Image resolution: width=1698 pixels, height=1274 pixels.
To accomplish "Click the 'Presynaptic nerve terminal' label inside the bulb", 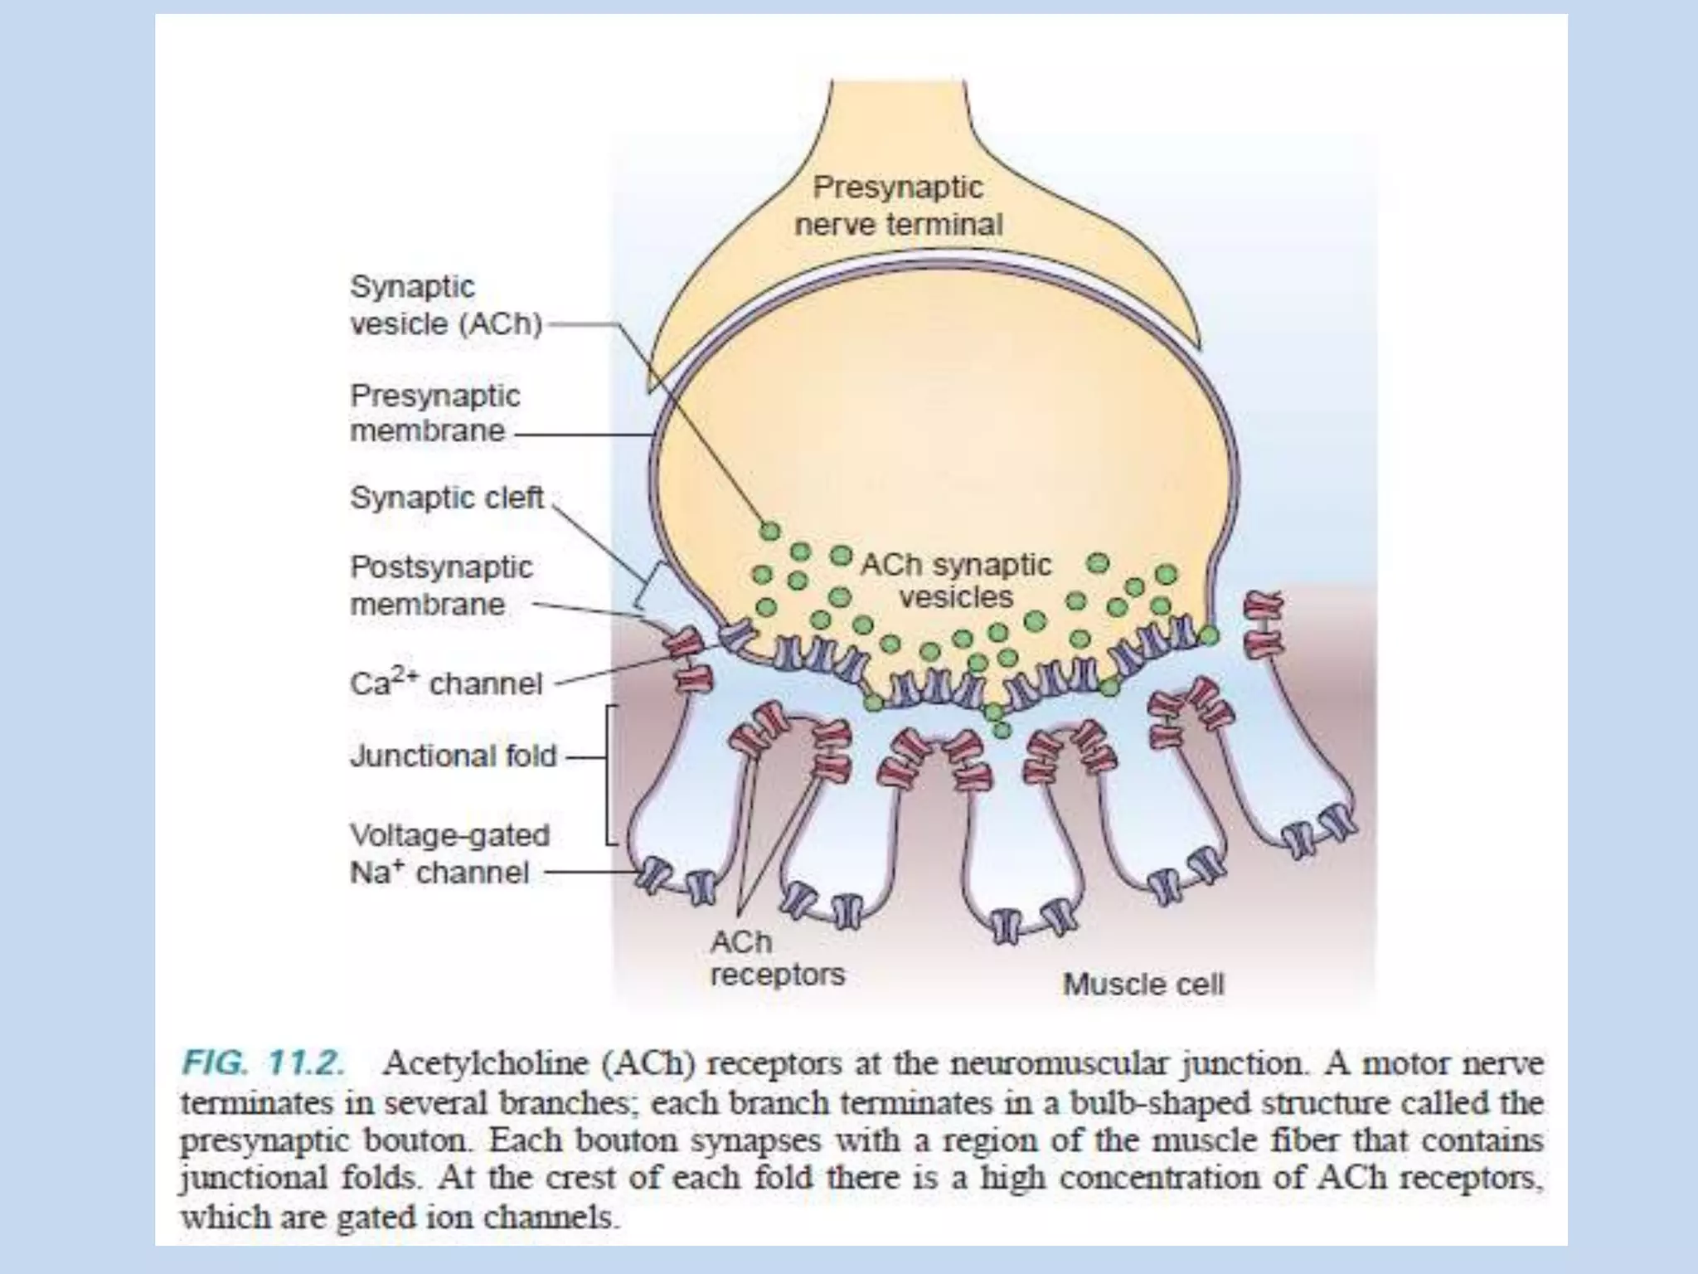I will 899,206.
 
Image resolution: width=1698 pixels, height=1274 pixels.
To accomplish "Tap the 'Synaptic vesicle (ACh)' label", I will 445,304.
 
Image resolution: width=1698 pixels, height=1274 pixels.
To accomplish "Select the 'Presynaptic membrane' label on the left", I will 434,412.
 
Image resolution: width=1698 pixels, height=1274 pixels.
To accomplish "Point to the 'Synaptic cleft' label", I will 447,498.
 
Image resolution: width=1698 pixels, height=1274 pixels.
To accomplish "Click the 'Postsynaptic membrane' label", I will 440,585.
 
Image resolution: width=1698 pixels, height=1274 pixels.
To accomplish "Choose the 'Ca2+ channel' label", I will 446,683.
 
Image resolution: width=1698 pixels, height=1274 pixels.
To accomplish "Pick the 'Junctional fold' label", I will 453,756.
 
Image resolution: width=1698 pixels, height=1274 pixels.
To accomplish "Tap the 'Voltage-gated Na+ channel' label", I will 449,853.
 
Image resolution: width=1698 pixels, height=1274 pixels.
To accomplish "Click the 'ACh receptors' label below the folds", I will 777,958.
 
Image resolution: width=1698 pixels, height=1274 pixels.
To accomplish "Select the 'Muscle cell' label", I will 1143,985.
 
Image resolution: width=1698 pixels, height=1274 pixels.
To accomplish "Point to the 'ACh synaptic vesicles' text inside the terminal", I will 956,581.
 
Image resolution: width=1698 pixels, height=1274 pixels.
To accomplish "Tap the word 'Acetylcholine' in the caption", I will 490,1063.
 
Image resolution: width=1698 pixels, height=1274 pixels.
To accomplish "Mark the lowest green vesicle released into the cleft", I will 1002,730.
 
